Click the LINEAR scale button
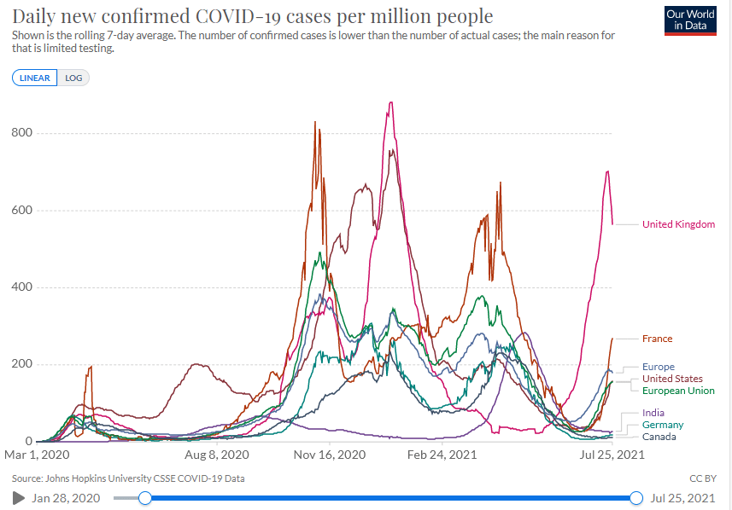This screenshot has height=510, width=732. (x=35, y=78)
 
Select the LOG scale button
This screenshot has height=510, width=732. (x=73, y=78)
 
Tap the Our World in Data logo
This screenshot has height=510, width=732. (x=690, y=20)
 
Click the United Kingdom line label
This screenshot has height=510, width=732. (x=678, y=224)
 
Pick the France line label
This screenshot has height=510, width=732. (x=657, y=339)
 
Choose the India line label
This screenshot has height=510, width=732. (x=653, y=413)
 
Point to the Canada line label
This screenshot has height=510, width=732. (x=659, y=437)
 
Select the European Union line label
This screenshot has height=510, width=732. (x=678, y=391)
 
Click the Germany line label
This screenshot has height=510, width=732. (x=663, y=425)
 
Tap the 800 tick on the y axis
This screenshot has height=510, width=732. (x=22, y=133)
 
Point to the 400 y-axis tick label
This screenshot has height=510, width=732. (x=22, y=287)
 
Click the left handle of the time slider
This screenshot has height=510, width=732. (x=145, y=498)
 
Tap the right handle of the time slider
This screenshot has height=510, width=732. (x=636, y=498)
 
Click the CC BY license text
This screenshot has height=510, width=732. (x=702, y=478)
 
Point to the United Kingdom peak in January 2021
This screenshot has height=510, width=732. (x=390, y=102)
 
